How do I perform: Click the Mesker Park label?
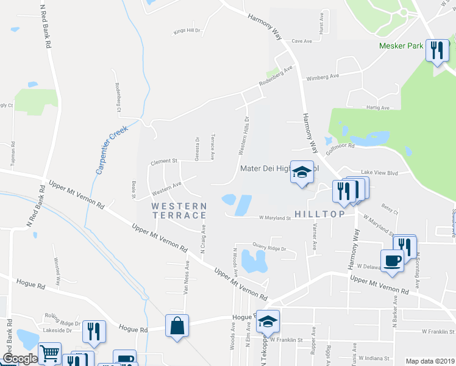click(401, 46)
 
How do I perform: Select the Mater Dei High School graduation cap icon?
click(301, 171)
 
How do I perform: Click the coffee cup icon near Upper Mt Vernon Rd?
click(392, 260)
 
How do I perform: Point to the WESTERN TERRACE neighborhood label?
click(179, 210)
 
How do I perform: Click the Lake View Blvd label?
click(379, 173)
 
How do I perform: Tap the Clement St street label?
click(163, 162)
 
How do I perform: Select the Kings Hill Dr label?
click(187, 30)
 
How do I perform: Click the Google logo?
click(20, 359)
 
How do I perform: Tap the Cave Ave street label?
click(302, 41)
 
